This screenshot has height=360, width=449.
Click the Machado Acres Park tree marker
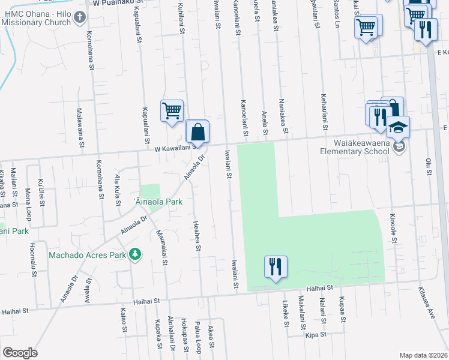tap(136, 254)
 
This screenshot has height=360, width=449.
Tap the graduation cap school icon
tap(397, 127)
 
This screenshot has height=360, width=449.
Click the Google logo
tap(20, 353)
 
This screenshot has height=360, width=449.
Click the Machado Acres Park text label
tap(88, 255)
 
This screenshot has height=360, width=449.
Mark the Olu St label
tap(428, 167)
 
